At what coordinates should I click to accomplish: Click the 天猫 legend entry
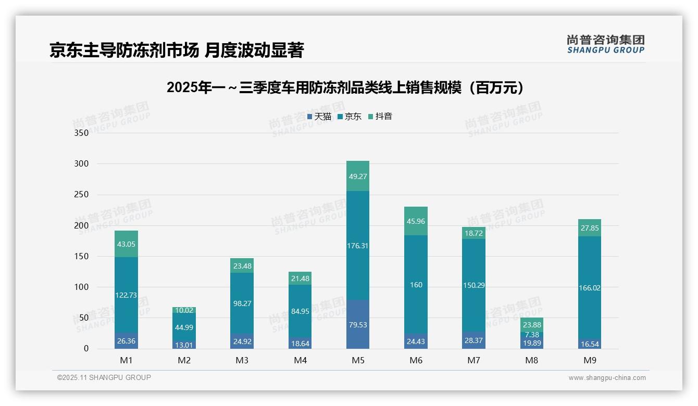[x=319, y=117]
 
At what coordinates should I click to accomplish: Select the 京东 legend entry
[x=350, y=117]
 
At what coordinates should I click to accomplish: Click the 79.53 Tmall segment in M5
[x=357, y=325]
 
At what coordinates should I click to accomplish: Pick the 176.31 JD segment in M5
[x=357, y=246]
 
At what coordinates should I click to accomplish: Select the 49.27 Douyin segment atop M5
[x=357, y=176]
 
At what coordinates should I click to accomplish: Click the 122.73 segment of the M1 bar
[x=126, y=295]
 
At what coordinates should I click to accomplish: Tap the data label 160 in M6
[x=416, y=285]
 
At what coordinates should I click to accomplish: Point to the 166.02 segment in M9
[x=589, y=288]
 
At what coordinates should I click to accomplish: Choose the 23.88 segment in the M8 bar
[x=531, y=325]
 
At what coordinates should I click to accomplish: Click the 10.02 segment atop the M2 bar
[x=184, y=310]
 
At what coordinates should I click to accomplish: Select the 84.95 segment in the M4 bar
[x=300, y=312]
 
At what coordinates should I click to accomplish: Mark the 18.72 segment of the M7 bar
[x=473, y=234]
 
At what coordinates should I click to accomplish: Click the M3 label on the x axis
[x=242, y=360]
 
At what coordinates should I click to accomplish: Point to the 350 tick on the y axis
[x=82, y=133]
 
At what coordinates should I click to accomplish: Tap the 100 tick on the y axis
[x=82, y=287]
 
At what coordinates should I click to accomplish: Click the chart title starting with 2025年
[x=345, y=87]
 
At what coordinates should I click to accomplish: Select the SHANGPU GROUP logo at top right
[x=605, y=44]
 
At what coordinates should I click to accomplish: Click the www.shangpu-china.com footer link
[x=607, y=378]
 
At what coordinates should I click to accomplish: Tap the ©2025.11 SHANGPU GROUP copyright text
[x=104, y=377]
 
